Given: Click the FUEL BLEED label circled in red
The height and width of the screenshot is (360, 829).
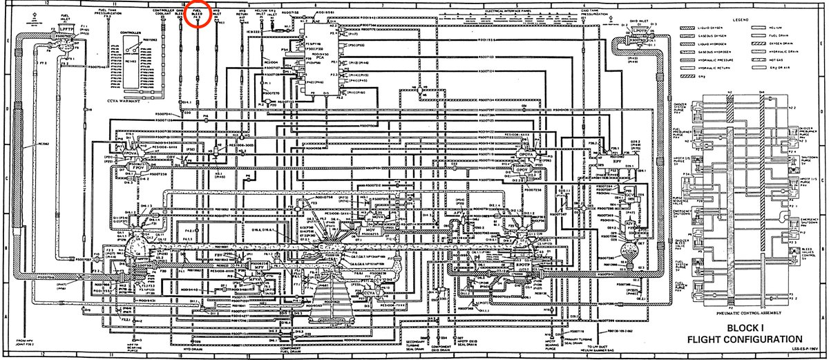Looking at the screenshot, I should (197, 13).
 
